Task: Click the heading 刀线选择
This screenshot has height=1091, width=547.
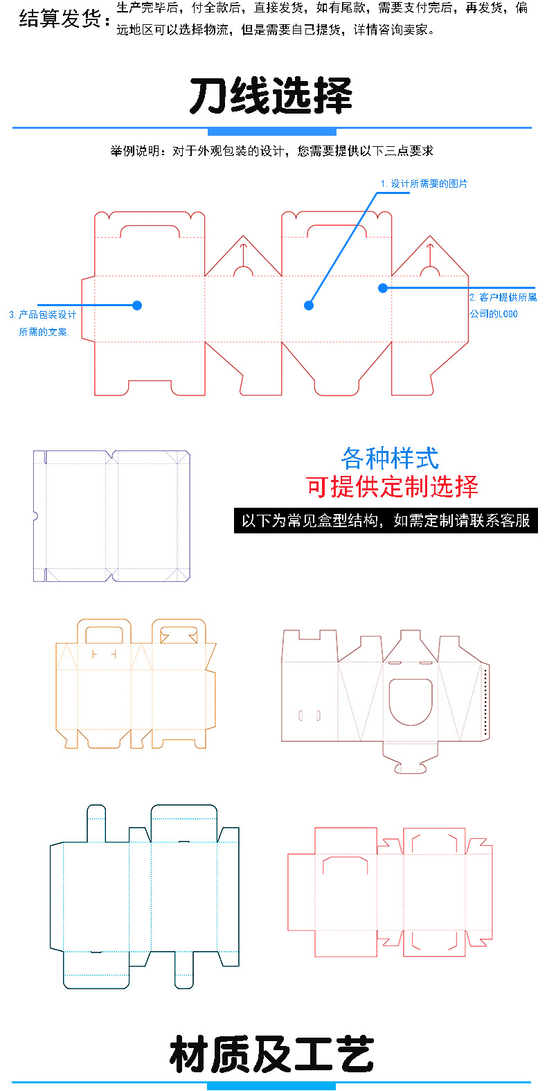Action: click(x=271, y=96)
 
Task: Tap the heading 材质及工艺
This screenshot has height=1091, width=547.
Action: click(x=271, y=1054)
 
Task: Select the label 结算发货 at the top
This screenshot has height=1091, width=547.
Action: click(x=64, y=19)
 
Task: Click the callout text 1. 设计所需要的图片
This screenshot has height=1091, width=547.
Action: click(x=424, y=184)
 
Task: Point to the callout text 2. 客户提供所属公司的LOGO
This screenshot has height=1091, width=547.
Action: click(x=502, y=305)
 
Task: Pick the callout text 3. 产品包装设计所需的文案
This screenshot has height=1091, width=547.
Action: click(x=43, y=323)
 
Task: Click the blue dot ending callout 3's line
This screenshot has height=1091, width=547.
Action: click(x=137, y=305)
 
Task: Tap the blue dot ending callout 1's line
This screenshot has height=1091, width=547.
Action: click(x=309, y=305)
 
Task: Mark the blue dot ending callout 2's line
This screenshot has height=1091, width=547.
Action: click(x=383, y=287)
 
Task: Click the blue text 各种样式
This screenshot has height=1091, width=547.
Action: click(x=390, y=458)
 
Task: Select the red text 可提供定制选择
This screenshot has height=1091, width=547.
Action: click(x=392, y=486)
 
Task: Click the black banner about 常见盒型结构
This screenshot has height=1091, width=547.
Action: click(x=386, y=520)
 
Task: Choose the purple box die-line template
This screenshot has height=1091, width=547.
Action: click(x=111, y=516)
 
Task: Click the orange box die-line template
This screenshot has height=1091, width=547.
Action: click(x=136, y=684)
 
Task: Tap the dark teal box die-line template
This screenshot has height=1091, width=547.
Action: click(x=144, y=896)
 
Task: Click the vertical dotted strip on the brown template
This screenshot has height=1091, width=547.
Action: click(x=485, y=702)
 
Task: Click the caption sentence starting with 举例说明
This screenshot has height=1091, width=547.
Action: click(x=272, y=151)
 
